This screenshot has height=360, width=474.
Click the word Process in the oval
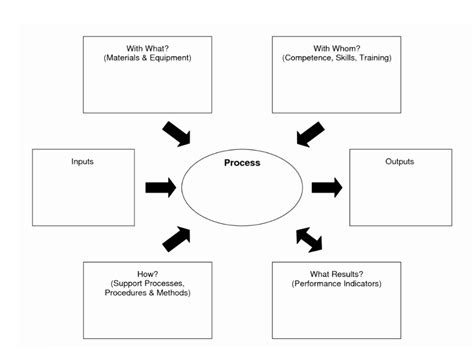pyautogui.click(x=242, y=162)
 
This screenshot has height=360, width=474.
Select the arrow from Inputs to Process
pyautogui.click(x=160, y=187)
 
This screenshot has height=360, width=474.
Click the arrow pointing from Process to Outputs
pyautogui.click(x=326, y=187)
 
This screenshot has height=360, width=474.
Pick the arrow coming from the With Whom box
pyautogui.click(x=310, y=133)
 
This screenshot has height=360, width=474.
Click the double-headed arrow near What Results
pyautogui.click(x=310, y=239)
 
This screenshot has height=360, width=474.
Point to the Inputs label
pyautogui.click(x=84, y=161)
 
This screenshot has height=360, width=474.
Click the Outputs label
pyautogui.click(x=399, y=161)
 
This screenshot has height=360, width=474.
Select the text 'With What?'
pyautogui.click(x=147, y=46)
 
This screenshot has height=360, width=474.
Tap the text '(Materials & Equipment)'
pyautogui.click(x=147, y=57)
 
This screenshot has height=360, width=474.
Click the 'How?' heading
pyautogui.click(x=147, y=272)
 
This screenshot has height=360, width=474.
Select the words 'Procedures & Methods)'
pyautogui.click(x=147, y=293)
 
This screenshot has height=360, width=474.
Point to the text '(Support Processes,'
pyautogui.click(x=147, y=283)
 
